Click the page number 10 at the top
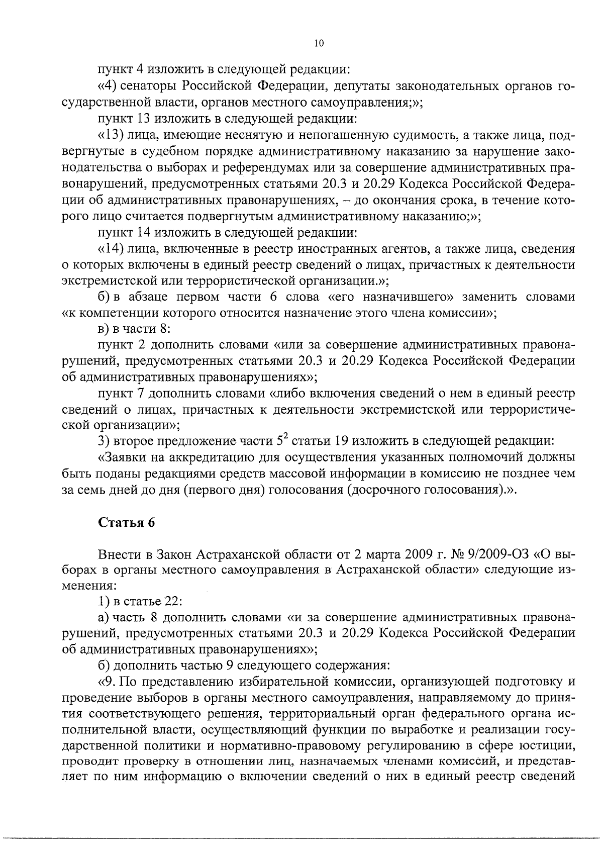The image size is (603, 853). pyautogui.click(x=319, y=43)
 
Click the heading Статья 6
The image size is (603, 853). pyautogui.click(x=126, y=523)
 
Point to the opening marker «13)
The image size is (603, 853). pyautogui.click(x=110, y=135)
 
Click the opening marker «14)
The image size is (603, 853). pyautogui.click(x=110, y=249)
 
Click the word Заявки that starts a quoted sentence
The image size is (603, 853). pyautogui.click(x=121, y=457)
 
